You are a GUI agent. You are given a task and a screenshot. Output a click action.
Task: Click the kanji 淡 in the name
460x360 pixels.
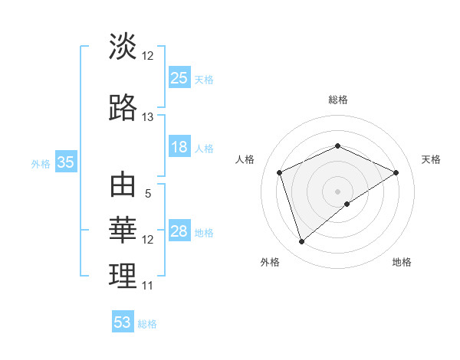123,47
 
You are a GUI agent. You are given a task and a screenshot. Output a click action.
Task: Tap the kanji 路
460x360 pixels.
123,108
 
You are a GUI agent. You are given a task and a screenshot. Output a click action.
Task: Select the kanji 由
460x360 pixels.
123,186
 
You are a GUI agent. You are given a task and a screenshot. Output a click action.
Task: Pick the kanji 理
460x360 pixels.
123,277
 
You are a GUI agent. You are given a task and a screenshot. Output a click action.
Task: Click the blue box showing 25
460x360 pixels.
179,77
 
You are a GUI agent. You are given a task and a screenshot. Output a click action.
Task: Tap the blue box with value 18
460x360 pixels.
179,147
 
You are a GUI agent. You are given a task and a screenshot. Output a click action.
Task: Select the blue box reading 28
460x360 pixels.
179,231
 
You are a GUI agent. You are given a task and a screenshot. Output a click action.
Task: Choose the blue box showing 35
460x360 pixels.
66,162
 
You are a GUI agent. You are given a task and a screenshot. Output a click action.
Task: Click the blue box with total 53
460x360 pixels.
123,322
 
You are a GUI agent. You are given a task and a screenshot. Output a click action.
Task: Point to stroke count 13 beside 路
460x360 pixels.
147,117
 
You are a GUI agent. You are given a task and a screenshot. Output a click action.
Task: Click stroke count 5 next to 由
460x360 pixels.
147,194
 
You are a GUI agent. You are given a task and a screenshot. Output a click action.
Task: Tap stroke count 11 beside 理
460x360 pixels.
147,286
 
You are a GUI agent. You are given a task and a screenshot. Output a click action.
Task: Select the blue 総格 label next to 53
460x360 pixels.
147,324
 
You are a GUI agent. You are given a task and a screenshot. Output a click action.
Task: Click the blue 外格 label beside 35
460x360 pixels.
41,163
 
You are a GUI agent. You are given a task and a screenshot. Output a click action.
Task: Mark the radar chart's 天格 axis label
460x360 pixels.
431,159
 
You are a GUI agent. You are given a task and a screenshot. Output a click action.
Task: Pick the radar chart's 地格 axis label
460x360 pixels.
402,262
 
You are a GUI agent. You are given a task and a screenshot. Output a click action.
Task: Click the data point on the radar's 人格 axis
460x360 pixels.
280,172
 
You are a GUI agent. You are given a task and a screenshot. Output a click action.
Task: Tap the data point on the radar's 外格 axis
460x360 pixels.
301,242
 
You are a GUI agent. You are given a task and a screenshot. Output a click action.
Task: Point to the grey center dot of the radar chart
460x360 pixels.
337,191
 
